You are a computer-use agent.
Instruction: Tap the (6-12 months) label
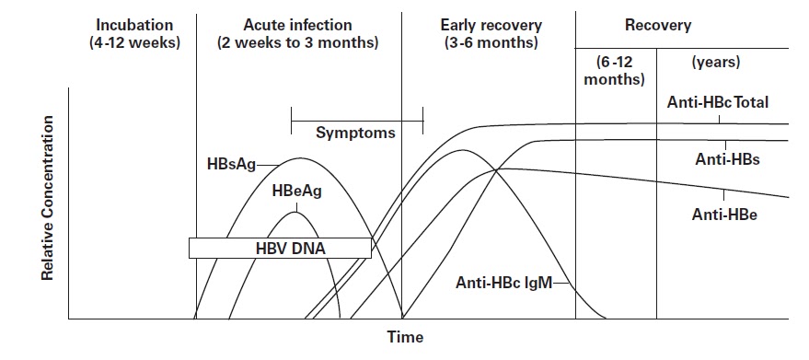[x=616, y=71]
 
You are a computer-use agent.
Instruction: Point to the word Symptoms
[x=355, y=133]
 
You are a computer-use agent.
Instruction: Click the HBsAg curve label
[x=231, y=165]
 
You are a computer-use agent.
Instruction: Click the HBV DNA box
[x=280, y=248]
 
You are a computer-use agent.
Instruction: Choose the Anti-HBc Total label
[x=717, y=103]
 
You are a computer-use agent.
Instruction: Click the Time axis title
[x=405, y=337]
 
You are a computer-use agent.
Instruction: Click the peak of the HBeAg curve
[x=296, y=213]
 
